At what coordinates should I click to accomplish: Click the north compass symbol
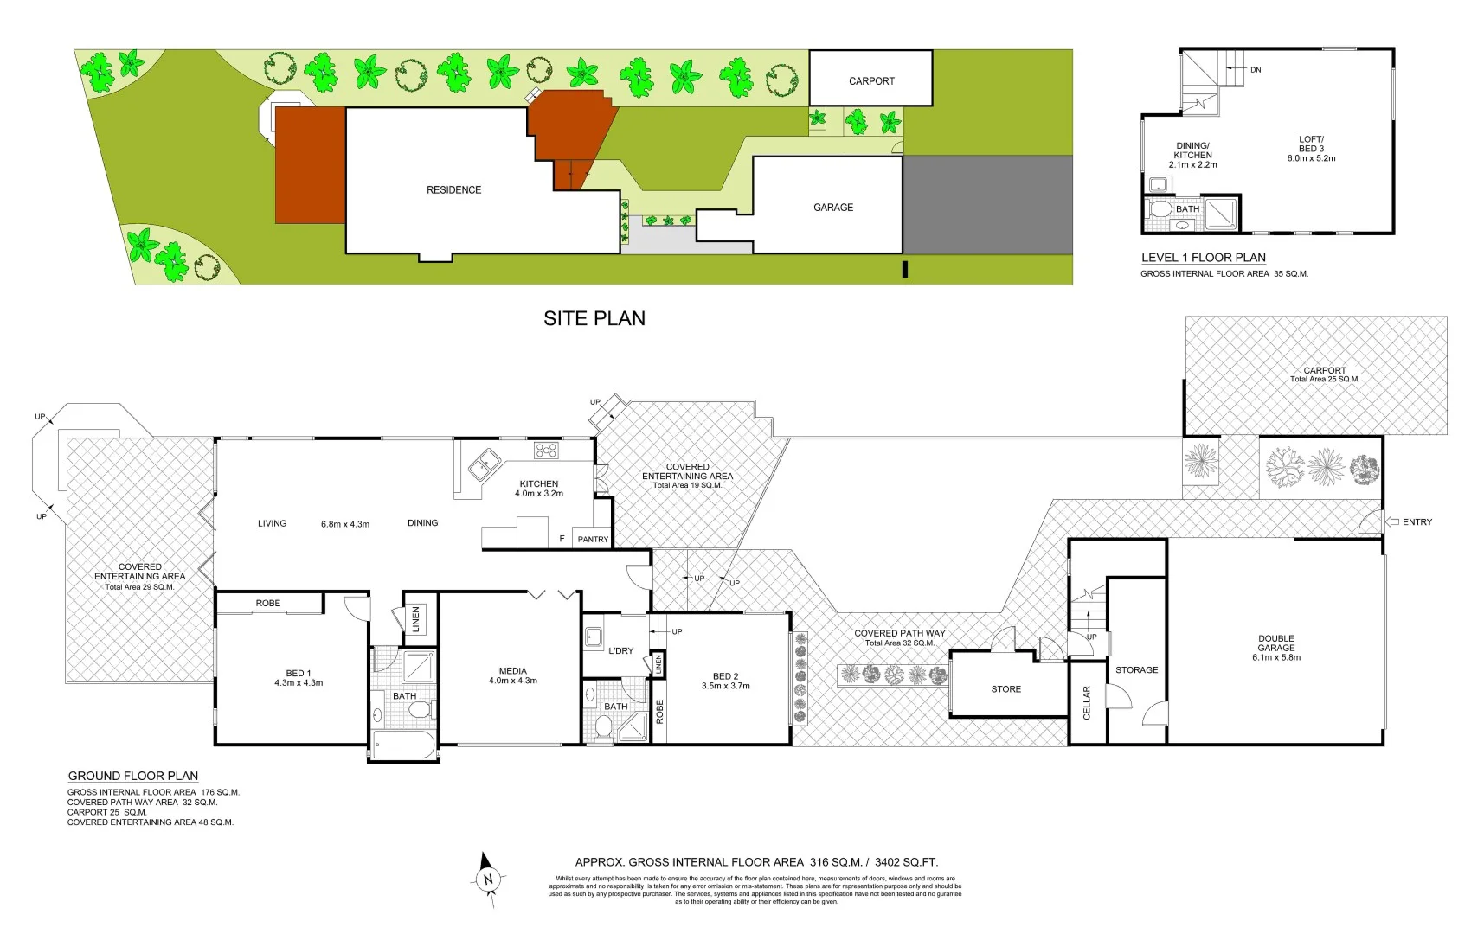click(488, 879)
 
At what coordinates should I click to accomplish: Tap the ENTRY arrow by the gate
click(1392, 522)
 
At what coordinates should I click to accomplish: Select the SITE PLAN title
click(594, 318)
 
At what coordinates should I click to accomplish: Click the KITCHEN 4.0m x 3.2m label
click(538, 489)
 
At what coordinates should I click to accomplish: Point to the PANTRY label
click(593, 540)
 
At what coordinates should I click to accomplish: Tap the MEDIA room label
click(512, 675)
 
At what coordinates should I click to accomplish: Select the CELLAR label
click(1087, 702)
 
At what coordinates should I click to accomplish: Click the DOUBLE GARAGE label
click(1275, 648)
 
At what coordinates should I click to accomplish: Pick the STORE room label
click(1005, 689)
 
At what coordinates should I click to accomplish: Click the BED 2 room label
click(725, 681)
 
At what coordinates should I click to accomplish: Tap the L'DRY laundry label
click(620, 651)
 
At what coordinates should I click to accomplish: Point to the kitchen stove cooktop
click(546, 450)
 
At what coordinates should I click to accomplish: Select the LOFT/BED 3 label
click(1311, 149)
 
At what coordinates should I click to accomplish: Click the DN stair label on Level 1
click(1256, 70)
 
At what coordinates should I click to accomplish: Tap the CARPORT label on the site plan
click(870, 81)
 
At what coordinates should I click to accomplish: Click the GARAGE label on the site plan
click(832, 208)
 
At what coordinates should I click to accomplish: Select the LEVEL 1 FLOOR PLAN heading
click(1203, 258)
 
